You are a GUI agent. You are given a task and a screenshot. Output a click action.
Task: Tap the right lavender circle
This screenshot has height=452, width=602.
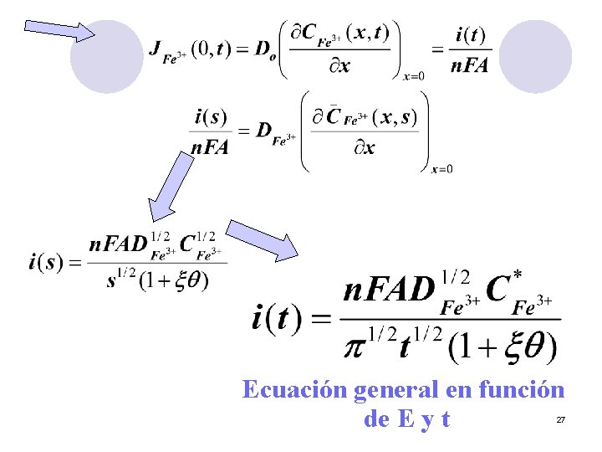[x=534, y=56]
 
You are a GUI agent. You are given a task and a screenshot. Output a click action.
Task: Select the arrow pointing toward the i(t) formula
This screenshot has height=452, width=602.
[x=263, y=240]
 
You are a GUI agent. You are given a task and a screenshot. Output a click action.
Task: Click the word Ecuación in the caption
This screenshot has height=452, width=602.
[x=295, y=390]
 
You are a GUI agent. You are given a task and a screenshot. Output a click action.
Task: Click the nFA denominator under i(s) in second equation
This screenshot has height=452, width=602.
[x=210, y=147]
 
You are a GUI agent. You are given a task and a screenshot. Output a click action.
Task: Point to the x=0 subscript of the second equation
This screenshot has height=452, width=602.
[x=442, y=169]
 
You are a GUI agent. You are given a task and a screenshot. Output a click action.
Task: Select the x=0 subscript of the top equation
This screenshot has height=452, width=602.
[x=414, y=76]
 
